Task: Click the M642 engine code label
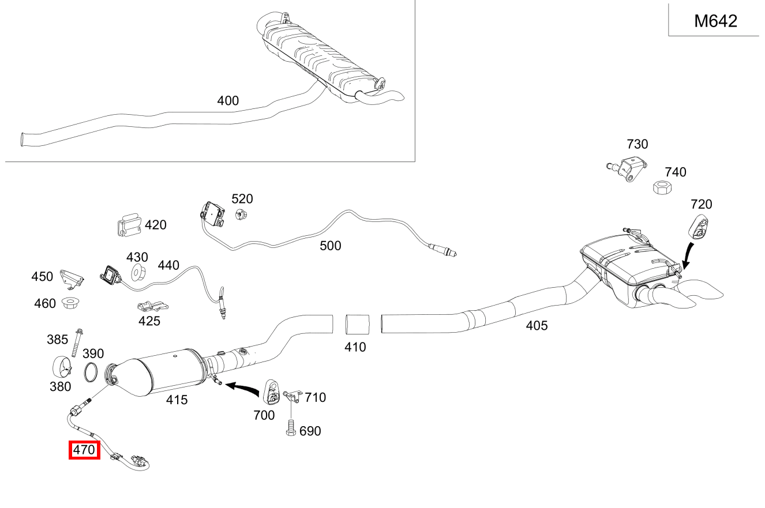[x=715, y=21]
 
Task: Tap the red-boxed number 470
[x=84, y=450]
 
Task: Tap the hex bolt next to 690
[x=291, y=430]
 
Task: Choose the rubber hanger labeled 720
[x=700, y=225]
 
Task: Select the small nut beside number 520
[x=241, y=215]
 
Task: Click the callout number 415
[x=177, y=399]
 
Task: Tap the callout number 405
[x=537, y=326]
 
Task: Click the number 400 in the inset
[x=228, y=101]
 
